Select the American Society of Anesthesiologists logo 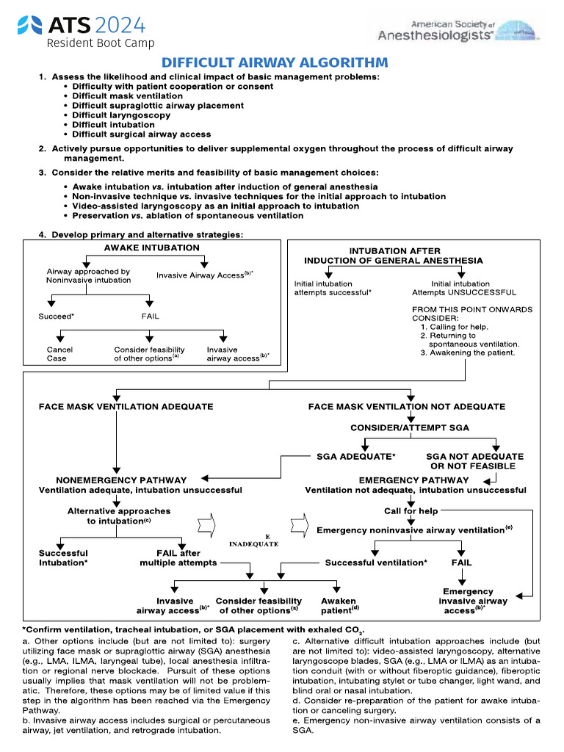tap(458, 30)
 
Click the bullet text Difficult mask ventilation tap(128, 96)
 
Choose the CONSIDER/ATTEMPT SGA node tap(410, 427)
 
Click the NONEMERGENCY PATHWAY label tap(121, 480)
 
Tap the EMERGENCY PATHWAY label tap(413, 480)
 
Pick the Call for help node tap(411, 511)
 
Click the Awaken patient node tap(339, 605)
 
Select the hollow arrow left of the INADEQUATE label tap(208, 526)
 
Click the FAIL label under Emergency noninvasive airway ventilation tap(461, 563)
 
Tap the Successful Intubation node tap(63, 558)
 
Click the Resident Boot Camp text tap(101, 43)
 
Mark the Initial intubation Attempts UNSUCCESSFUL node tap(463, 288)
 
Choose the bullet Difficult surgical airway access tap(141, 134)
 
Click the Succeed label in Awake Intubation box tap(57, 317)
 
